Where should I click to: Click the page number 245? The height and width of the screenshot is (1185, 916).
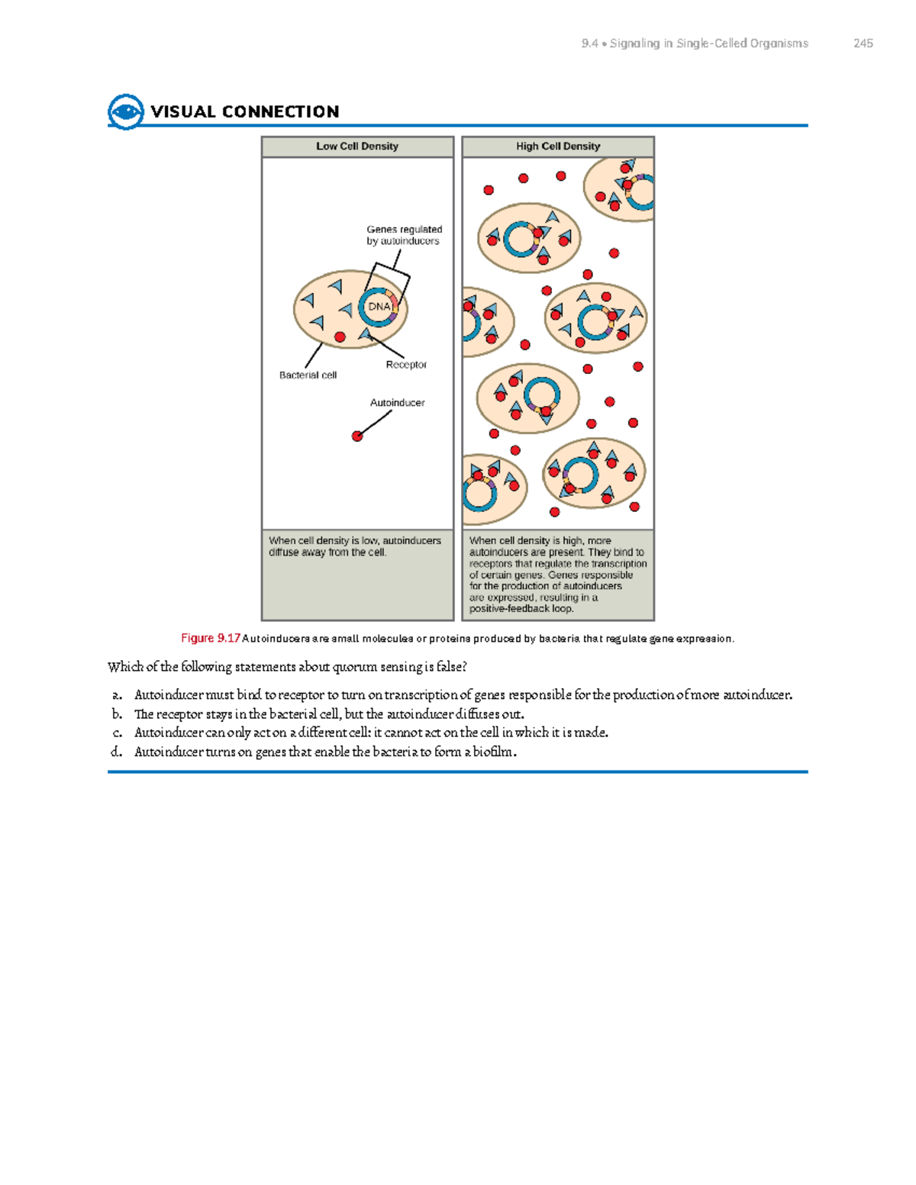[x=863, y=43]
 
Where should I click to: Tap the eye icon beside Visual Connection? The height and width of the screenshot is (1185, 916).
[x=125, y=112]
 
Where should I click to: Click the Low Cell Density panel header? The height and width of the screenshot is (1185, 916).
[x=357, y=147]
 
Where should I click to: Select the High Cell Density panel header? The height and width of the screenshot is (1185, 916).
[x=558, y=147]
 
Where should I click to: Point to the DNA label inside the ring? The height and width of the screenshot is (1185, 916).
[x=379, y=307]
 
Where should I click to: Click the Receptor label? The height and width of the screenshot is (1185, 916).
[x=406, y=365]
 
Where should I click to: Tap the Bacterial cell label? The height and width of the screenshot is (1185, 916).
[x=308, y=375]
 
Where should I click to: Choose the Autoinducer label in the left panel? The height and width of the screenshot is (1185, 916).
[x=397, y=403]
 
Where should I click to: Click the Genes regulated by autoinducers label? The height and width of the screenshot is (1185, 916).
[x=404, y=235]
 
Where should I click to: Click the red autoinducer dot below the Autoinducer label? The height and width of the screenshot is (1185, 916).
[x=356, y=436]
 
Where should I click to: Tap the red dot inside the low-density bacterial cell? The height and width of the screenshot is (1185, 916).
[x=340, y=337]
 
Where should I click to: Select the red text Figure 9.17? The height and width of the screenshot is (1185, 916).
[x=211, y=639]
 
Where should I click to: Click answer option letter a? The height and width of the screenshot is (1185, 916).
[x=116, y=695]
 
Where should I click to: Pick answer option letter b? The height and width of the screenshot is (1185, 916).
[x=117, y=714]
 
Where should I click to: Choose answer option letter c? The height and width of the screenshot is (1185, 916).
[x=117, y=733]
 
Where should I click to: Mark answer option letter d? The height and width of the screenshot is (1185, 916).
[x=116, y=752]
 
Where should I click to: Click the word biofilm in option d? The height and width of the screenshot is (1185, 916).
[x=494, y=752]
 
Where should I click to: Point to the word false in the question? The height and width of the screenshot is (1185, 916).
[x=450, y=667]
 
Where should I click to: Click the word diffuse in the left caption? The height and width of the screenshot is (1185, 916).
[x=284, y=552]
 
